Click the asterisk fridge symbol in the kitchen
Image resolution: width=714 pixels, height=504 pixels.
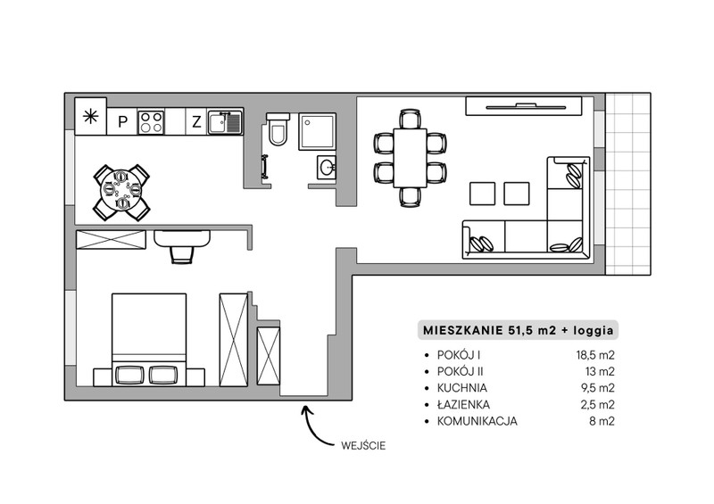(91, 117)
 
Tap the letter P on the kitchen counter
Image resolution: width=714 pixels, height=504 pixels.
(122, 121)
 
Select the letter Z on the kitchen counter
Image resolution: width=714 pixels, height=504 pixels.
(196, 121)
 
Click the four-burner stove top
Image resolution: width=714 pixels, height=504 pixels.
(151, 121)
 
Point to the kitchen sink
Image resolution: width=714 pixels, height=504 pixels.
(225, 122)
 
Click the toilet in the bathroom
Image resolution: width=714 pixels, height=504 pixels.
(278, 129)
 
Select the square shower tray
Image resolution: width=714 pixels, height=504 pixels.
(318, 132)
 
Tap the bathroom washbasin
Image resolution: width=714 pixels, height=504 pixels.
(327, 167)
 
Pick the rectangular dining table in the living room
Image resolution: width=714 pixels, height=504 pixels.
(411, 158)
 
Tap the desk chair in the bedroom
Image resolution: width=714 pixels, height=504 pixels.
(182, 254)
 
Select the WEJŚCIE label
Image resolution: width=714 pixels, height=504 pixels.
(363, 445)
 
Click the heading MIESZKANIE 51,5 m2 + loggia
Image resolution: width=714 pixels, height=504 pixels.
(519, 331)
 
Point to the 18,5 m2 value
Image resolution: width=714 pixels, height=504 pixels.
(595, 355)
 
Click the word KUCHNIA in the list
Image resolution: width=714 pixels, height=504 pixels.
(462, 388)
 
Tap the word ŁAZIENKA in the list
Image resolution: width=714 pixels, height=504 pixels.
(463, 404)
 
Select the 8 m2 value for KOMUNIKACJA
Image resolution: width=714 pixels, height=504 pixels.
(602, 421)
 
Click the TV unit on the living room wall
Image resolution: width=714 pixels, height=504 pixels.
(524, 106)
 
